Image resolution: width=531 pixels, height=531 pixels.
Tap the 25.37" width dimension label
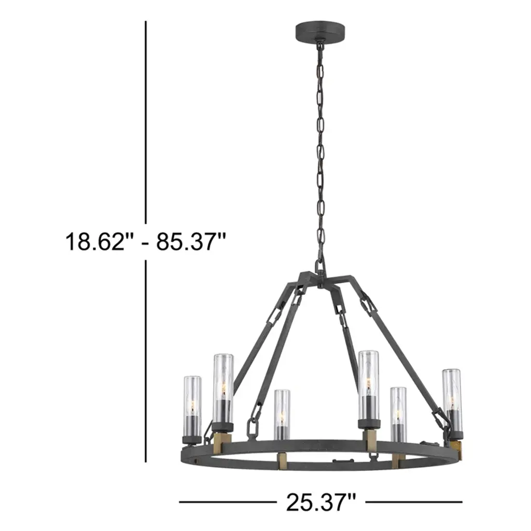[321, 502]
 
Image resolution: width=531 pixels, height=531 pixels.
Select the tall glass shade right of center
[368, 386]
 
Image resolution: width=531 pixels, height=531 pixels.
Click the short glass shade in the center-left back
[282, 414]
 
